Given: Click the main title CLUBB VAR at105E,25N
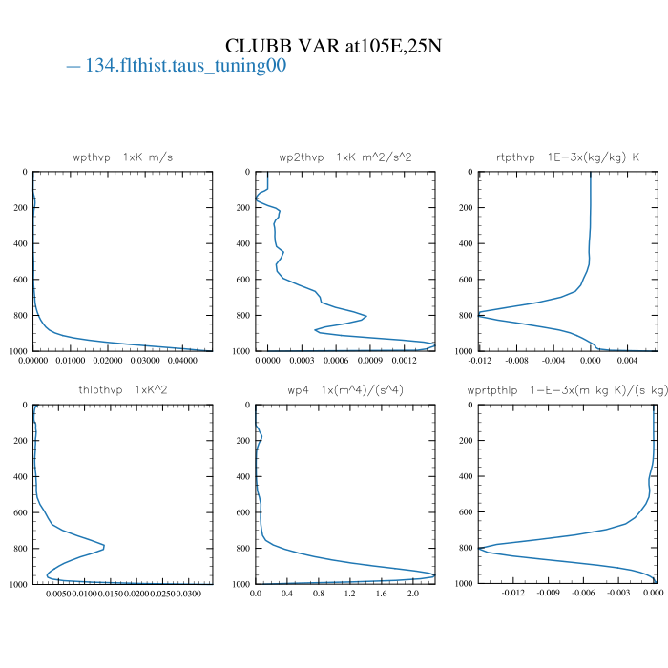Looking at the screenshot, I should tap(333, 46).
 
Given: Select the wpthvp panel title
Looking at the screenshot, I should tap(123, 157).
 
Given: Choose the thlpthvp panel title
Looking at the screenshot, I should tap(123, 389).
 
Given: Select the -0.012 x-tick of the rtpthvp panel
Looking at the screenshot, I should tap(480, 361).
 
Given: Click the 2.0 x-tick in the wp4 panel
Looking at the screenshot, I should tap(413, 594).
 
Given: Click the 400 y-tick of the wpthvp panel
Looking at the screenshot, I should tap(19, 244).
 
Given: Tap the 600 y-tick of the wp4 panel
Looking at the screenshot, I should tap(241, 512).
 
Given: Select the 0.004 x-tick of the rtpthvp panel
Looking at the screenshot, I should tap(627, 361).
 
